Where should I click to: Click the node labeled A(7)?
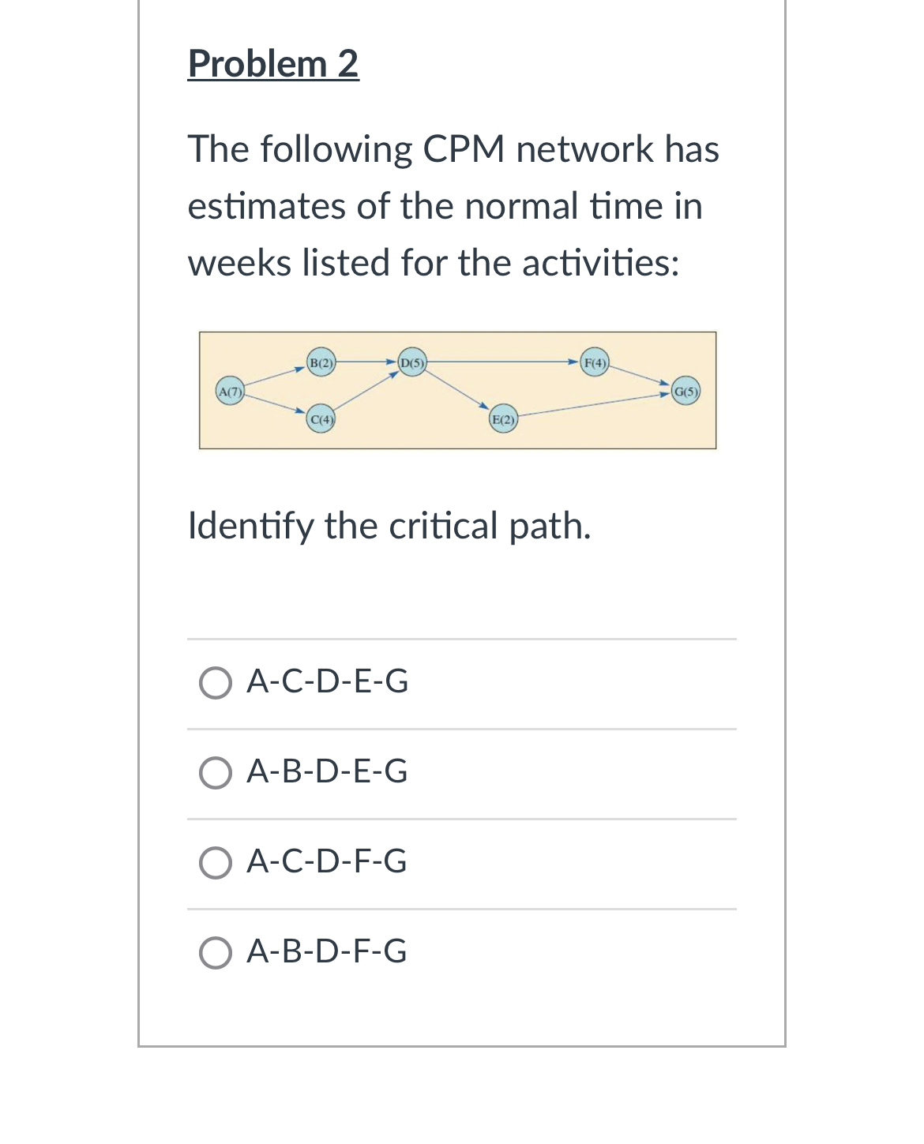click(230, 392)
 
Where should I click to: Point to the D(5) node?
click(411, 363)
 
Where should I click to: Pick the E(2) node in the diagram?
click(503, 419)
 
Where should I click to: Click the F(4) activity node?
click(595, 363)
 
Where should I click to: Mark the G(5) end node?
click(685, 392)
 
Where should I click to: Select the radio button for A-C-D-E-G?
click(216, 683)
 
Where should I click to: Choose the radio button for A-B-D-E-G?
click(216, 773)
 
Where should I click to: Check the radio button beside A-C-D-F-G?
click(216, 863)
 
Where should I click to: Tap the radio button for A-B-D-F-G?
click(216, 953)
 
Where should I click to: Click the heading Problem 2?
click(273, 64)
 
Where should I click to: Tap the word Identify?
click(250, 526)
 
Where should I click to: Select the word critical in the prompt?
click(443, 526)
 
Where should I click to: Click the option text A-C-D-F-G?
click(327, 861)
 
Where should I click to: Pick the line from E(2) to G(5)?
click(592, 405)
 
